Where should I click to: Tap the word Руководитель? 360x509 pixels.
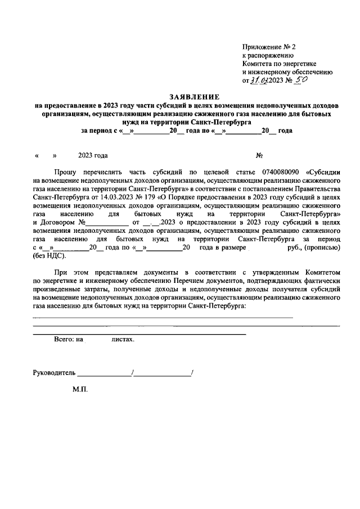tap(54, 372)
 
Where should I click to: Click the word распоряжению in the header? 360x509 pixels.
tap(265, 56)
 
